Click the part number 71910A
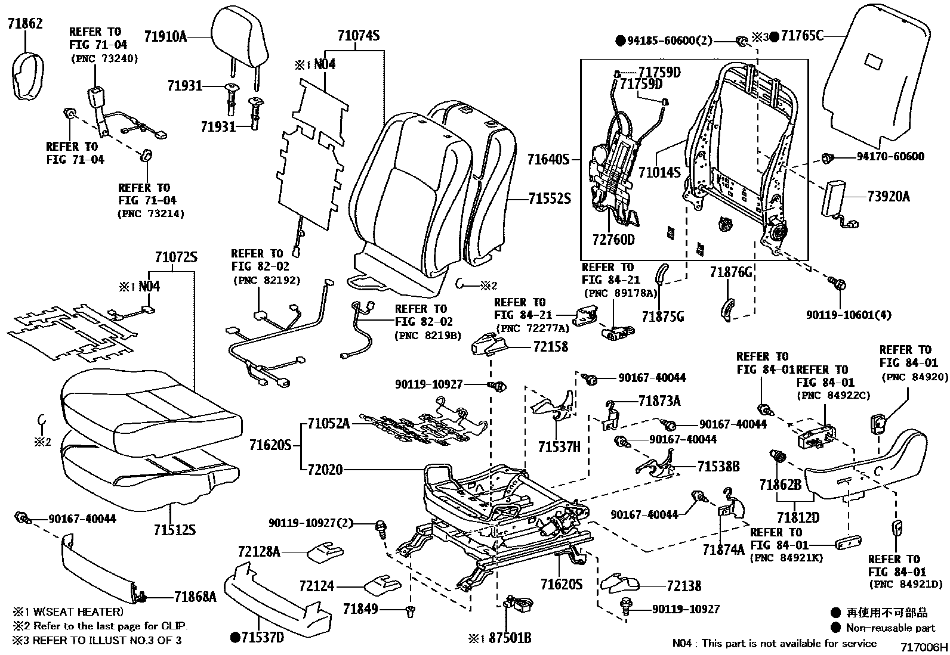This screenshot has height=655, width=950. pos(165,37)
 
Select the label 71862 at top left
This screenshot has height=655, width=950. pos(25,24)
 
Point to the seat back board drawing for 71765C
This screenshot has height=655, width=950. pos(877,77)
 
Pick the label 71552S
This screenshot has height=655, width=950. pos(549,198)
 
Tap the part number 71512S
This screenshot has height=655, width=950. pos(174,530)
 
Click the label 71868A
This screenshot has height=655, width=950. pos(195,595)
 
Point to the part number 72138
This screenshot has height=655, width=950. pos(684,586)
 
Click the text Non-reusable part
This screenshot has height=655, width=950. pos(890,628)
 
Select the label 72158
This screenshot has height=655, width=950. pos(550,346)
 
